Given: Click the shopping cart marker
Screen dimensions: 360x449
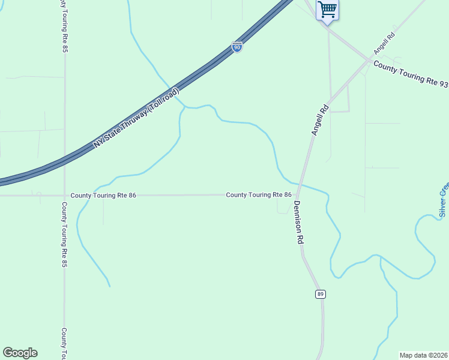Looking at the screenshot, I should pos(327,9).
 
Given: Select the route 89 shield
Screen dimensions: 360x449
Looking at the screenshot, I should pos(321,293).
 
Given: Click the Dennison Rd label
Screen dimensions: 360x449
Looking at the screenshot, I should pos(298,221).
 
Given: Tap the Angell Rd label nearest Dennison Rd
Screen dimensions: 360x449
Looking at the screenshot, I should pos(320,119).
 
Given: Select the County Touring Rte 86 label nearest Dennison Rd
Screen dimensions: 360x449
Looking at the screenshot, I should pos(259,195).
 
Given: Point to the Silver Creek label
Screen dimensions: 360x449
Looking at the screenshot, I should pos(444,199).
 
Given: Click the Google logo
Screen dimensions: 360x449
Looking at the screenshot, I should pos(20,353).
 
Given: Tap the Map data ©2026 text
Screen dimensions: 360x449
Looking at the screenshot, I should pos(424,355).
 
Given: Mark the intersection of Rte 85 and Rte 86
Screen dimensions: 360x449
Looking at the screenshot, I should pos(64,196).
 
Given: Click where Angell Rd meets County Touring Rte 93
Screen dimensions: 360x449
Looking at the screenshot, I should pos(369,59).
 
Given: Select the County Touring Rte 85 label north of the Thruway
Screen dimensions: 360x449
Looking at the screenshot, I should pos(64,27).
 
